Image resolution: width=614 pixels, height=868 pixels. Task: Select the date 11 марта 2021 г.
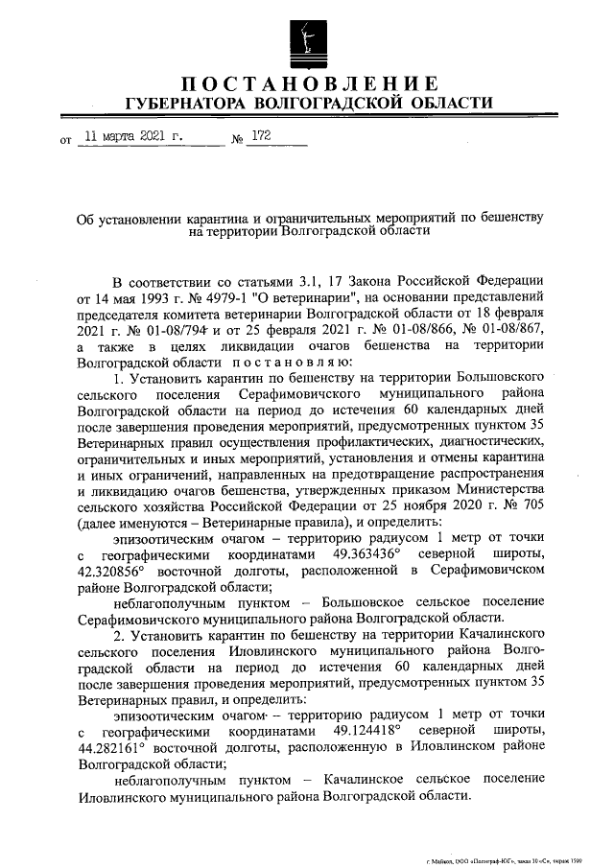[134, 137]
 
